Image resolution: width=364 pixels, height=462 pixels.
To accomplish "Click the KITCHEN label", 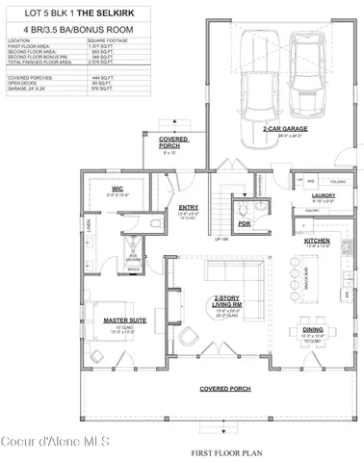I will pos(319,240).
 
